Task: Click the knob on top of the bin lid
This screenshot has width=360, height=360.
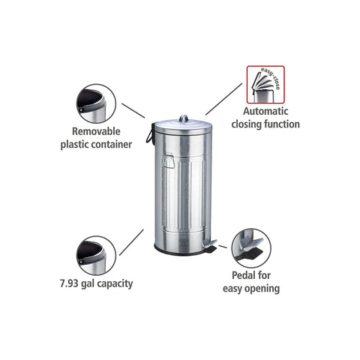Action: pyautogui.click(x=184, y=118)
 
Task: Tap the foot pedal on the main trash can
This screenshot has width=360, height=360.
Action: pyautogui.click(x=211, y=245)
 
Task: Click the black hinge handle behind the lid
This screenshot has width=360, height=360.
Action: pyautogui.click(x=150, y=133)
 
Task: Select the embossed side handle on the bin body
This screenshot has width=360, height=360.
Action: pyautogui.click(x=168, y=161)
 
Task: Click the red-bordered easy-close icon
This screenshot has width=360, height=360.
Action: pyautogui.click(x=265, y=85)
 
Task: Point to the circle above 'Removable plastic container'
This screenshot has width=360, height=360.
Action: pyautogui.click(x=96, y=103)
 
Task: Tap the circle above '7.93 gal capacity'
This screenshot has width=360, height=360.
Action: pyautogui.click(x=96, y=256)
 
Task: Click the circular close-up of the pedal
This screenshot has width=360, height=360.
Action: pyautogui.click(x=251, y=248)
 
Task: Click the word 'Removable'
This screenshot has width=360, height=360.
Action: pyautogui.click(x=96, y=131)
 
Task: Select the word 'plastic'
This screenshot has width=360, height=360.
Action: pyautogui.click(x=74, y=145)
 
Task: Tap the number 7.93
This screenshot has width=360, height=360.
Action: pyautogui.click(x=69, y=283)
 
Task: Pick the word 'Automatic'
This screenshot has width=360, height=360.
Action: pyautogui.click(x=265, y=111)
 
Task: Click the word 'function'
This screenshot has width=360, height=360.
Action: pyautogui.click(x=282, y=124)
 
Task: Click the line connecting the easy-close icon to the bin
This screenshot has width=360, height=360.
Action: pyautogui.click(x=223, y=99)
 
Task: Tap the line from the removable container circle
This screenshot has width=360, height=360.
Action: pyautogui.click(x=133, y=110)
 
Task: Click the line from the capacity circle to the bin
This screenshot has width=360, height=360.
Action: pyautogui.click(x=131, y=242)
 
